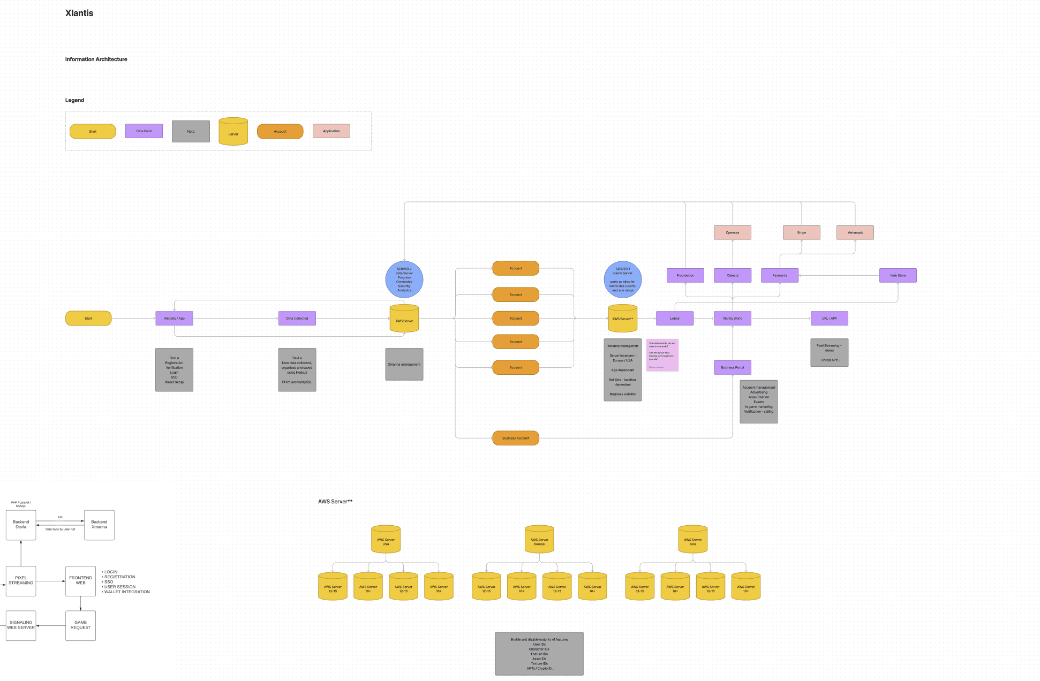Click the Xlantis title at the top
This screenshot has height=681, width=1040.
(x=79, y=13)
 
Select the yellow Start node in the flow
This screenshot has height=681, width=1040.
(x=88, y=319)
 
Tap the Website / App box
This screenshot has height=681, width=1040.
(x=174, y=319)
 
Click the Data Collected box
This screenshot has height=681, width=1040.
(x=297, y=319)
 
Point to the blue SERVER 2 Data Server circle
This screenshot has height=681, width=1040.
(x=404, y=279)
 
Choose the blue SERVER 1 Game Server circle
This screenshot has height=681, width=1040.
(x=622, y=279)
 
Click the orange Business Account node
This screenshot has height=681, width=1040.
(x=515, y=438)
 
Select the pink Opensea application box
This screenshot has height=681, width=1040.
(x=732, y=232)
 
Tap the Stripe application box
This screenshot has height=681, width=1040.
(x=801, y=232)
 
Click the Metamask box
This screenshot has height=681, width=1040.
(x=855, y=232)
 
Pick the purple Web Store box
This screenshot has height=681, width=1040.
(x=898, y=276)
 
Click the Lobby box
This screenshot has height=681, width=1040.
(x=675, y=319)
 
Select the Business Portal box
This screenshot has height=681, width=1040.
(x=732, y=368)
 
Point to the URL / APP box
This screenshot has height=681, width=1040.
(x=829, y=319)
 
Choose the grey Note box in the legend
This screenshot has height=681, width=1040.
(x=191, y=132)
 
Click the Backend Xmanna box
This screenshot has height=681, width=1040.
(x=99, y=525)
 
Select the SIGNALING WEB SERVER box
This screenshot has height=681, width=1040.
(x=21, y=625)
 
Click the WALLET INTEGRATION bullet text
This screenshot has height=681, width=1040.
(x=127, y=592)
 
